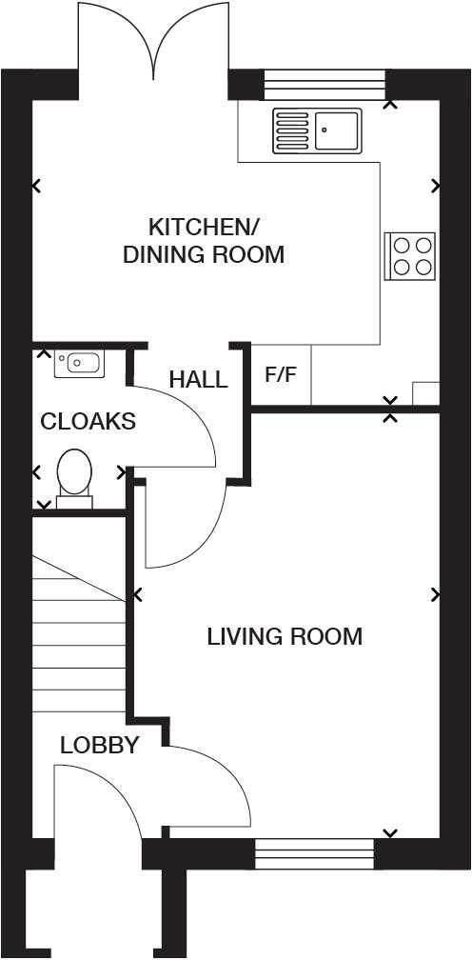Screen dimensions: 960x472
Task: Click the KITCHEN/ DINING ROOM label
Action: tap(204, 241)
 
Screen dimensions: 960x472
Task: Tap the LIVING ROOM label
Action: tap(285, 636)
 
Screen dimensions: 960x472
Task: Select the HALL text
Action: tap(198, 380)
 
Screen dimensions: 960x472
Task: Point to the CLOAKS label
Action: tap(88, 421)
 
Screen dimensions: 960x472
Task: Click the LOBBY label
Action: tap(99, 745)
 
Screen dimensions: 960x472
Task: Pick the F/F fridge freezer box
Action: tap(281, 374)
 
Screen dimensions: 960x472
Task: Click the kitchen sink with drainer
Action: tap(317, 130)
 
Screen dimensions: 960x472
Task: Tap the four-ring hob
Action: tap(410, 255)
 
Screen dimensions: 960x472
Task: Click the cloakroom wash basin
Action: tap(79, 363)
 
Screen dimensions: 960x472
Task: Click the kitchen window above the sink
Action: tap(324, 85)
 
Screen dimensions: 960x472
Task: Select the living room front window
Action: tap(316, 852)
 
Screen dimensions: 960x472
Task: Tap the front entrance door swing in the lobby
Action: tap(95, 800)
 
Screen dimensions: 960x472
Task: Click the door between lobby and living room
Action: tap(214, 786)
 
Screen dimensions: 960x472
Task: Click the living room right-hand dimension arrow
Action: tap(435, 594)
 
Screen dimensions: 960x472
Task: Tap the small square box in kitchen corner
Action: tap(425, 393)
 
